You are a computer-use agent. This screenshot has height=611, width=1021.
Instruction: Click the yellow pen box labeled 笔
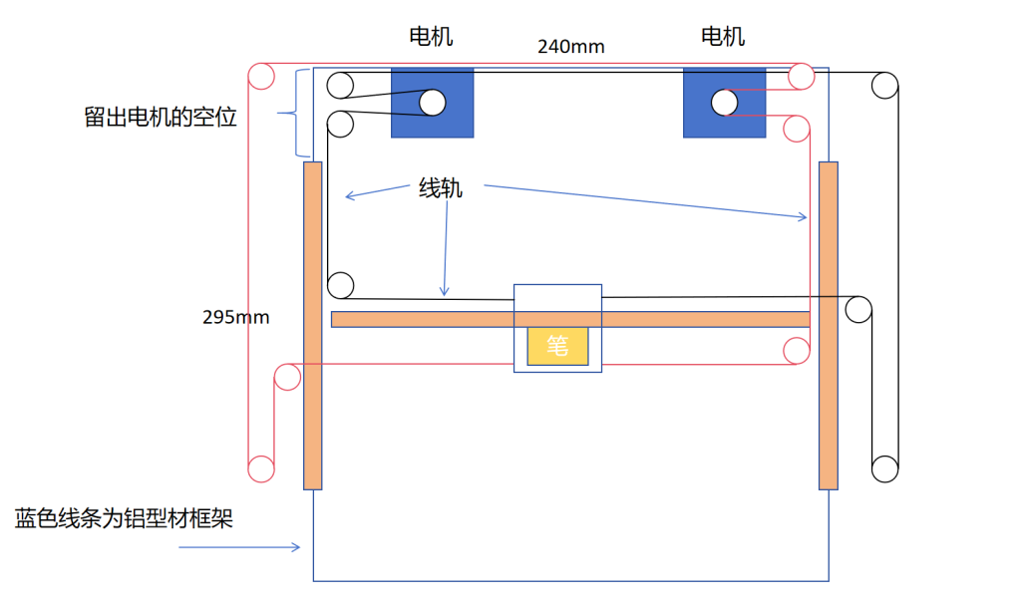point(557,346)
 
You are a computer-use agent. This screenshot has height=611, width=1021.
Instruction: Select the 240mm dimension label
point(570,46)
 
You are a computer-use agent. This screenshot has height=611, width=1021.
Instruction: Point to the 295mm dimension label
point(235,317)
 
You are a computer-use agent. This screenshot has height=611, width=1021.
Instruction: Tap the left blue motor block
point(432,103)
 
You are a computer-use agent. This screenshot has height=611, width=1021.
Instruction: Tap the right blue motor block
point(724,103)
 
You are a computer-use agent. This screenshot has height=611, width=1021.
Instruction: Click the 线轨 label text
point(440,188)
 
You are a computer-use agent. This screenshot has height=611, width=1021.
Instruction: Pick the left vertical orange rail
point(312,325)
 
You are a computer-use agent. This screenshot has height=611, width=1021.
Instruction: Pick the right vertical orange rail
point(828,325)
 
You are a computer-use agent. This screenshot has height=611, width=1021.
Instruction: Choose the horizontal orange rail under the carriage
point(569,319)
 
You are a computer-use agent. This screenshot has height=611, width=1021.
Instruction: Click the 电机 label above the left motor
point(432,37)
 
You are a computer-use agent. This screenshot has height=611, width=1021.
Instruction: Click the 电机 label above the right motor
point(723,37)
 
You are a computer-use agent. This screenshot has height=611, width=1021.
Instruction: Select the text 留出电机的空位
point(161,117)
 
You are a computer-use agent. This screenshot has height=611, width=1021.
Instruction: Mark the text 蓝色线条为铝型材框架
point(124,518)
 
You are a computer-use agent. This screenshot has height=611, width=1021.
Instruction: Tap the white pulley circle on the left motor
point(432,102)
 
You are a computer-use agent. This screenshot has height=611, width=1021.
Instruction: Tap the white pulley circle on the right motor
point(724,101)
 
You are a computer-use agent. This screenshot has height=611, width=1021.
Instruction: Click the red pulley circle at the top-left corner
point(260,76)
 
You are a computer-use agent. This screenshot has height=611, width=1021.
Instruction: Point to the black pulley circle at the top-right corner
point(883,85)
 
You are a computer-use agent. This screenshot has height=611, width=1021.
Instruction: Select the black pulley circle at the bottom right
point(884,467)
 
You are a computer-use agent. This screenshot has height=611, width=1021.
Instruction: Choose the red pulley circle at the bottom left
point(260,467)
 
